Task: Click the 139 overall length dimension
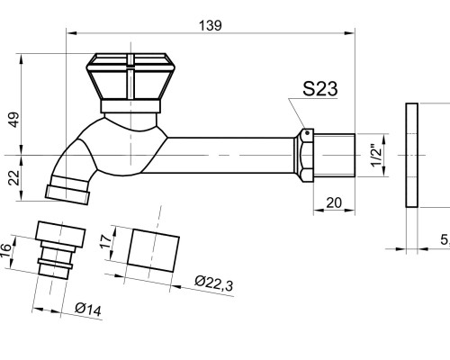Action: (x=211, y=25)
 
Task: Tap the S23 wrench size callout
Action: (x=320, y=89)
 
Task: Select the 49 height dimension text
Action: (x=14, y=120)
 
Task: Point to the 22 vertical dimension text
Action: (x=14, y=178)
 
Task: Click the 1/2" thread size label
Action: (x=376, y=156)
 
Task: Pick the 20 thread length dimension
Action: (x=334, y=202)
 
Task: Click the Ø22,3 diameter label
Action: (x=213, y=283)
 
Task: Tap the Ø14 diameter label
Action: (x=88, y=310)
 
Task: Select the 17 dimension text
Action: (x=106, y=241)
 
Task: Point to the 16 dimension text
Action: (x=5, y=250)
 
